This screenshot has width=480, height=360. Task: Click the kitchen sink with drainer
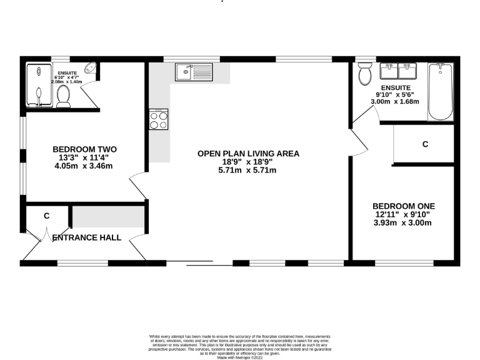point(194,72)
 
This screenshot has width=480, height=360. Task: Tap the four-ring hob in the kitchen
point(159,119)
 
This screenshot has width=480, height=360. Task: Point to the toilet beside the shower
point(62,96)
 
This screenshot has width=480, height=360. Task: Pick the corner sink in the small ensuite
point(91,68)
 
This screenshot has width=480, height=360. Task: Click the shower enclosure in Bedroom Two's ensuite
point(39,86)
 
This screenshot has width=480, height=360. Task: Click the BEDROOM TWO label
point(84,149)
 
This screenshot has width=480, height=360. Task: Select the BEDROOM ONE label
point(403,206)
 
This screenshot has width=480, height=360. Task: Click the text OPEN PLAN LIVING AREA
point(248,153)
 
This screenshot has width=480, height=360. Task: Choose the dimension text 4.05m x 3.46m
point(84,167)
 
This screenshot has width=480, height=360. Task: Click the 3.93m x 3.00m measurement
point(403,223)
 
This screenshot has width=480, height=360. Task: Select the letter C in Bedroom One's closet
point(425,144)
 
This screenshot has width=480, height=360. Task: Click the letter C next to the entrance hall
point(47,216)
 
